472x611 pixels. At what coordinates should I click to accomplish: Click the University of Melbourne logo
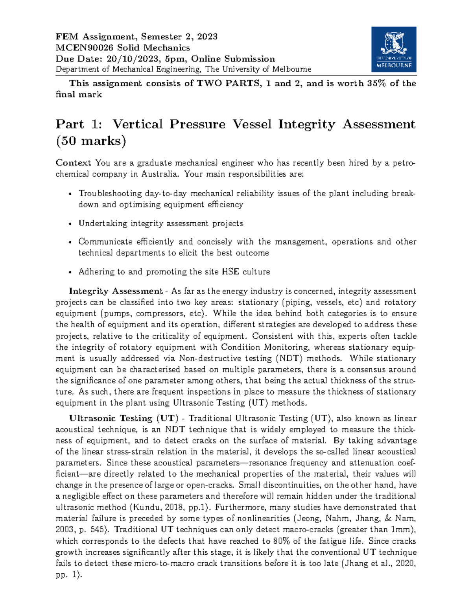[x=393, y=49]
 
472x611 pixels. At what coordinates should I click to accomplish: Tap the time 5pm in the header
[x=170, y=59]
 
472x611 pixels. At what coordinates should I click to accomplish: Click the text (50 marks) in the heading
[x=91, y=141]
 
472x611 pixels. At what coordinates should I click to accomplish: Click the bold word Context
[x=73, y=163]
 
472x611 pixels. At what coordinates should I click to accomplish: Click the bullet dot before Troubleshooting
[x=70, y=194]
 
